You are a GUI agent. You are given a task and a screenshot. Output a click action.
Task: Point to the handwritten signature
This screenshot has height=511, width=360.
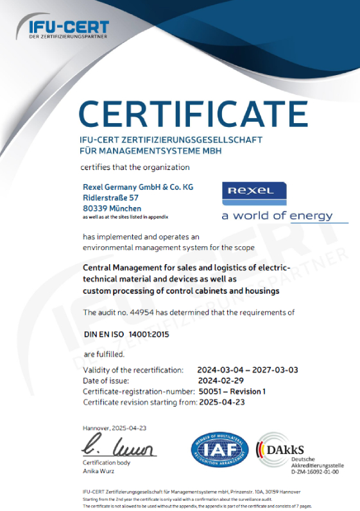119,446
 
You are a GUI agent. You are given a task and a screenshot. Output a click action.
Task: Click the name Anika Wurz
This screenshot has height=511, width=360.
98,471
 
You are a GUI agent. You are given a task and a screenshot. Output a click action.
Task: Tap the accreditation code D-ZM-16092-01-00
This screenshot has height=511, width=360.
314,472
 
